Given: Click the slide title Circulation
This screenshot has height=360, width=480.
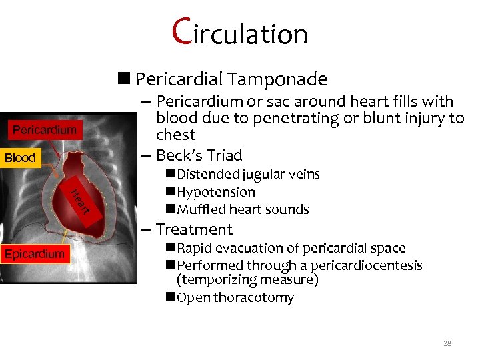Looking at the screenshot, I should pos(240,32).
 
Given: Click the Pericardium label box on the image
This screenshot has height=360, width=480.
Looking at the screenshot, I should pos(45,129).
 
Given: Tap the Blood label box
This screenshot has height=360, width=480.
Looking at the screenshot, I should pos(20,158).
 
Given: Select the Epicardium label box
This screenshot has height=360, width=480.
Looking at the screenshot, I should pos(35,253).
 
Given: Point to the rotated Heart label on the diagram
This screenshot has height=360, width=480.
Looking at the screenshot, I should pos(79,202).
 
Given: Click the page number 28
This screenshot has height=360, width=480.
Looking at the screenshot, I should pos(447,343).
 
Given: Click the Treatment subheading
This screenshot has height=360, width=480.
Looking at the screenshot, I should pos(194,229).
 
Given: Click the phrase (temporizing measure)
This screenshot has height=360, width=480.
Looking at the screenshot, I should pos(247,279).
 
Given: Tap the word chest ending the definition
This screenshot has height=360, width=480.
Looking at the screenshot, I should pos(176,135).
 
